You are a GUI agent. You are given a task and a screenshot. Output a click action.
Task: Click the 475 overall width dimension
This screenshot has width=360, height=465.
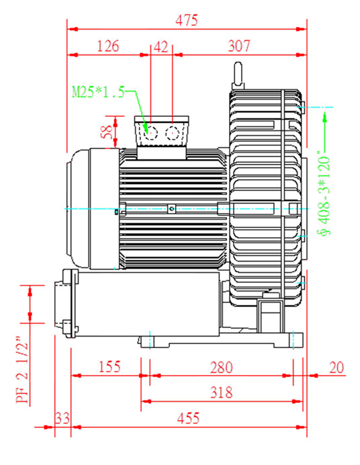pyautogui.click(x=186, y=20)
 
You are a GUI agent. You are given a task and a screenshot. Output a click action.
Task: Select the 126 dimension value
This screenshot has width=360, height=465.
pyautogui.click(x=108, y=46)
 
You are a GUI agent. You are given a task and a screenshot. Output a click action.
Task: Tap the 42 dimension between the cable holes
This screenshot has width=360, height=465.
pyautogui.click(x=161, y=47)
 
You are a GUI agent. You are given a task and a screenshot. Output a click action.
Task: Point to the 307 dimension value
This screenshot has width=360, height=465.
pyautogui.click(x=239, y=46)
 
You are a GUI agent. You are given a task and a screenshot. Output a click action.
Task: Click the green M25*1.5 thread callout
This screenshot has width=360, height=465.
pyautogui.click(x=98, y=92)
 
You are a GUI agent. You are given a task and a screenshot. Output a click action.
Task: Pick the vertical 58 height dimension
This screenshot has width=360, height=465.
pyautogui.click(x=106, y=132)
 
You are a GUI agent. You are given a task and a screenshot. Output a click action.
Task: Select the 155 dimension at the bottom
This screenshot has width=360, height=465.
pyautogui.click(x=109, y=367)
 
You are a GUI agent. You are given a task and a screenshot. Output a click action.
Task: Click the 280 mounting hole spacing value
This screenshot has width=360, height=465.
pyautogui.click(x=222, y=368)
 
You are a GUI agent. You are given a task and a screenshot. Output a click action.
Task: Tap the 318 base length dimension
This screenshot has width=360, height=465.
pyautogui.click(x=222, y=392)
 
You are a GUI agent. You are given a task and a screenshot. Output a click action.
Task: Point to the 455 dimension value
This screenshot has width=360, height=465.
pyautogui.click(x=189, y=419)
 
